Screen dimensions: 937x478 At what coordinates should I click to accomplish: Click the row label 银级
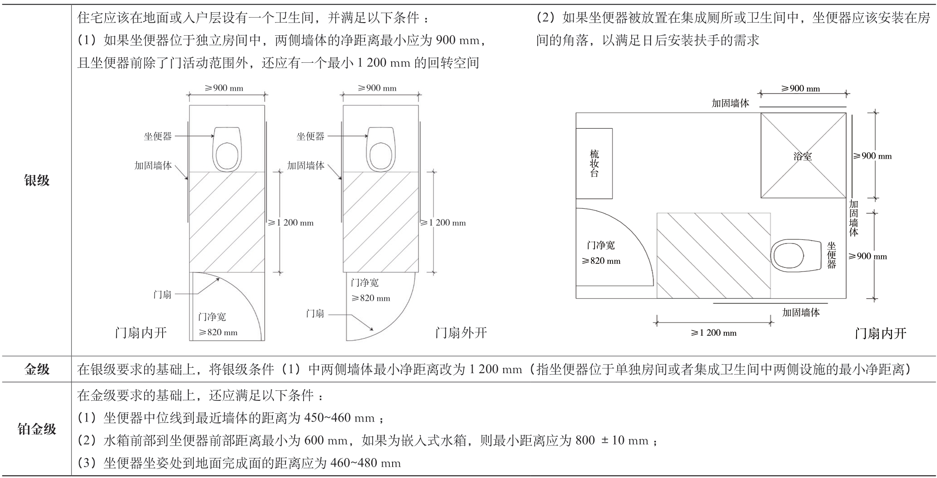(37, 181)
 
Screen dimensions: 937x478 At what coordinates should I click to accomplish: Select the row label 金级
(37, 370)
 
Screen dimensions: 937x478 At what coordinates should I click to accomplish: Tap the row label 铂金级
(37, 429)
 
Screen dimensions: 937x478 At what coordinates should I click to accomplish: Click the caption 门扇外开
(461, 333)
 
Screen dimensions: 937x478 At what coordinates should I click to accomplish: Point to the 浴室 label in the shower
(802, 156)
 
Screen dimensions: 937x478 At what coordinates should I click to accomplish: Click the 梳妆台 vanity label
(595, 164)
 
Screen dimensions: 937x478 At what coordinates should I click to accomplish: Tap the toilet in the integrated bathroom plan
(796, 256)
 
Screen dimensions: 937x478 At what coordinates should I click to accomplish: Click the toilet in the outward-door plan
(380, 149)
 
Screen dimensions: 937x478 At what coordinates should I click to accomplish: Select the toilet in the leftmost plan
(227, 149)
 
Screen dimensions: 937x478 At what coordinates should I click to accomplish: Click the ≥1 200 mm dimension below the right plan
(713, 333)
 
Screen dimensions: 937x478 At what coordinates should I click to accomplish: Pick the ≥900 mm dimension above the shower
(800, 89)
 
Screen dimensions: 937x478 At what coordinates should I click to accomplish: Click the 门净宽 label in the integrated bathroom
(601, 245)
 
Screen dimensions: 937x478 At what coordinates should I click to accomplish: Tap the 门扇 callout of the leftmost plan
(162, 295)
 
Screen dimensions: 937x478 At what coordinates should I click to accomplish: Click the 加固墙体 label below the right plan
(801, 312)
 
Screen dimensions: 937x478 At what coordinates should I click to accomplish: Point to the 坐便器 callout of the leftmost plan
(158, 136)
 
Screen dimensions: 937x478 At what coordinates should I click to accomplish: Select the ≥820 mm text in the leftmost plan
(218, 333)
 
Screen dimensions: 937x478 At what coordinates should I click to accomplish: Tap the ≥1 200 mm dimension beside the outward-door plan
(443, 222)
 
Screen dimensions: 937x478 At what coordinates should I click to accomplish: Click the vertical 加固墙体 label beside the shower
(853, 218)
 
